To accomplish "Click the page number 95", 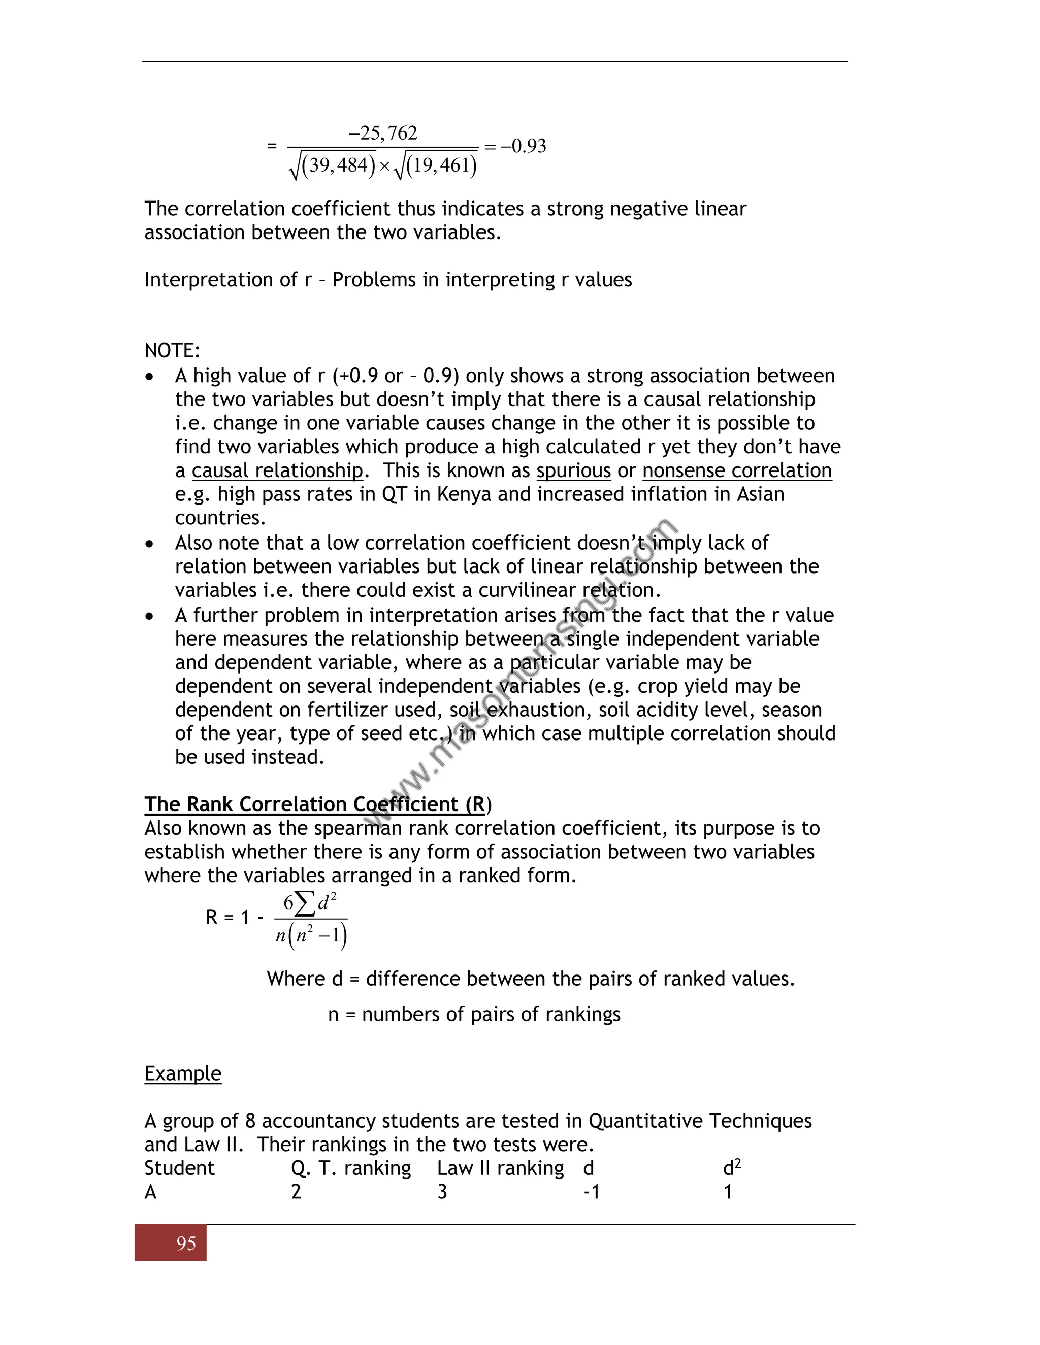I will [186, 1243].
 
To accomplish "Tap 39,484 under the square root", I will [338, 165].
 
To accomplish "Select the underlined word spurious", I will [573, 470].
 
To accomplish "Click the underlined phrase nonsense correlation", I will [737, 470].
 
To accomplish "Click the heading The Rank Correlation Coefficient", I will [314, 804].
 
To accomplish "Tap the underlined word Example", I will [182, 1073].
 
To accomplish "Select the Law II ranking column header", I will [500, 1168].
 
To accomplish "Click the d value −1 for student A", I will [592, 1192].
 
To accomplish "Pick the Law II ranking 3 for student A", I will [442, 1192].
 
